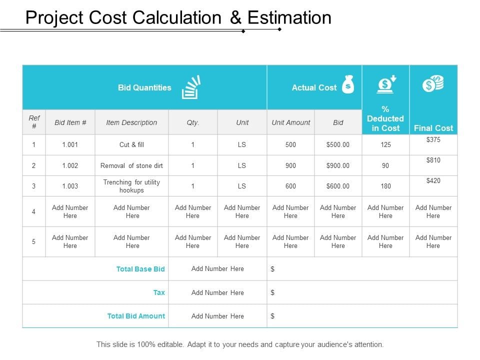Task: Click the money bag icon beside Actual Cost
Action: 348,84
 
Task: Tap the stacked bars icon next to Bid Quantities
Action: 191,87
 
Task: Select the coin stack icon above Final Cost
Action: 433,83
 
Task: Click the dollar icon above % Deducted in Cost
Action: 386,84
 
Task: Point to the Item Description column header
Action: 131,122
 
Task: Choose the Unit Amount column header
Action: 291,122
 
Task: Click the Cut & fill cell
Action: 131,144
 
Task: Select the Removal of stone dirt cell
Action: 131,165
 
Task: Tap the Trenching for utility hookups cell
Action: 131,186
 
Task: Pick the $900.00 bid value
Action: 337,165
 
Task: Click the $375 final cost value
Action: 433,139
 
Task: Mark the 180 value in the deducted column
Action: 385,186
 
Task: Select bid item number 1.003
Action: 70,186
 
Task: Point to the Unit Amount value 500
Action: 290,144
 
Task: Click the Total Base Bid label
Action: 140,269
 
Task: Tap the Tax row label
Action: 159,292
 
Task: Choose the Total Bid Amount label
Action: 136,316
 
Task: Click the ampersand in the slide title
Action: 235,17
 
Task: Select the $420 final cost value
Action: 433,180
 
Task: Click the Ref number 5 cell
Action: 33,241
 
